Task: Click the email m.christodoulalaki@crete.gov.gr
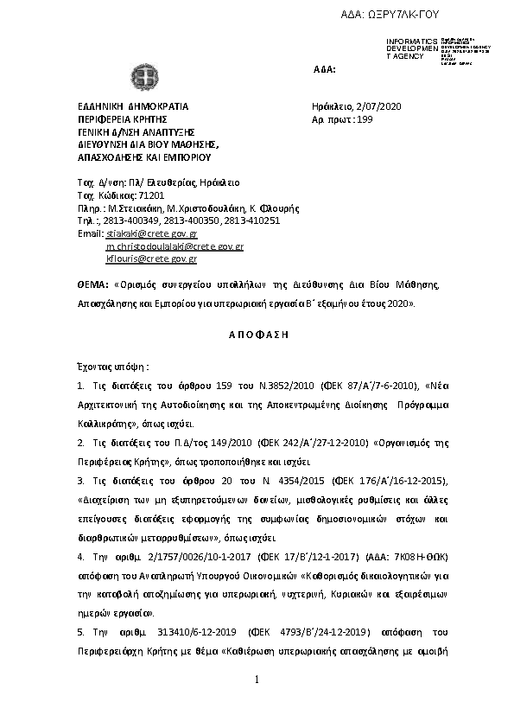tap(175, 246)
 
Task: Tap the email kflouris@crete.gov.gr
tap(151, 259)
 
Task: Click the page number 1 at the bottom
tap(257, 681)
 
